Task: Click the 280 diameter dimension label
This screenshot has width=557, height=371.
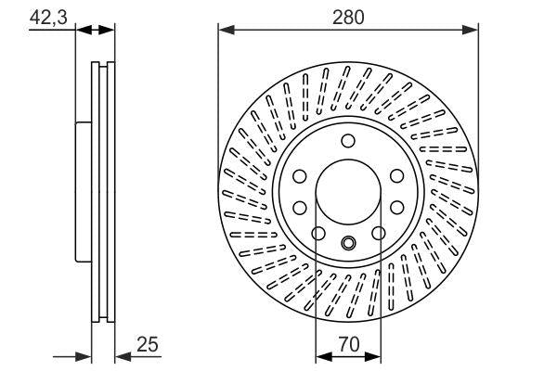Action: tap(349, 16)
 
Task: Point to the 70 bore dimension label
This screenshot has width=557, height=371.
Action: tap(348, 342)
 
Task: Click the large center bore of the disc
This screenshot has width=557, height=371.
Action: tap(348, 194)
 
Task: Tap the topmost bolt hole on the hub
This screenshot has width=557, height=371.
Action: tap(348, 141)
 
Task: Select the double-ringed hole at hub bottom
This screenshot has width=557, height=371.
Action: tap(348, 245)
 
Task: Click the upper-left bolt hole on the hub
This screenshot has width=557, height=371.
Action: tap(301, 176)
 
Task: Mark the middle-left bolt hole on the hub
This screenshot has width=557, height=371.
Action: tap(301, 207)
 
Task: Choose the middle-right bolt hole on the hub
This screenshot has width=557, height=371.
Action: tap(396, 207)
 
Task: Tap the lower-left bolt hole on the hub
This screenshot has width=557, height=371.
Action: tap(317, 233)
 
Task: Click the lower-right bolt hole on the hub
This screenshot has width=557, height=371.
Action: tap(379, 233)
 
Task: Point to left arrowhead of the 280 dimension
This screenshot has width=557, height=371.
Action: tap(224, 31)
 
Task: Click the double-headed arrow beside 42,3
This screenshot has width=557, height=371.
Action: tap(94, 31)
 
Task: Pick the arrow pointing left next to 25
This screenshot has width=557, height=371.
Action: tap(121, 354)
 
